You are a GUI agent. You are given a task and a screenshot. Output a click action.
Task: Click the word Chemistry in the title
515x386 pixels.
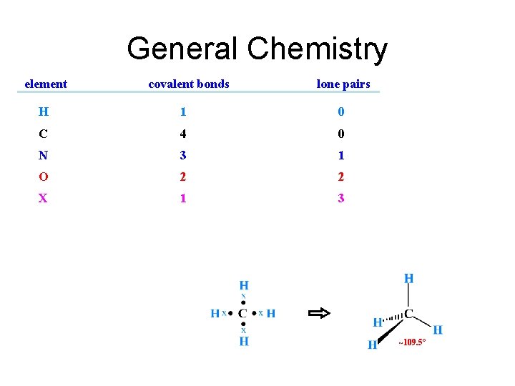(318, 49)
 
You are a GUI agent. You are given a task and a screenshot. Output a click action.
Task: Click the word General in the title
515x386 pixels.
(182, 49)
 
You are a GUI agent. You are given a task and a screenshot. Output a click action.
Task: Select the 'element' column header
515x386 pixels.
(46, 84)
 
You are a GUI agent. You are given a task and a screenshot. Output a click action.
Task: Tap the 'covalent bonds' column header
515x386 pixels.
(189, 84)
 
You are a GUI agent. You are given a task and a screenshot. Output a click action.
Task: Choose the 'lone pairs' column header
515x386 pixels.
(343, 84)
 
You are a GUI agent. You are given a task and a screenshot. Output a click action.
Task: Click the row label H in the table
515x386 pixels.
(44, 112)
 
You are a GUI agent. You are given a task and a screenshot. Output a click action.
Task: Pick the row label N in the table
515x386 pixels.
(44, 155)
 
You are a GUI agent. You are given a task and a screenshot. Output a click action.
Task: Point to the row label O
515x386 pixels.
(44, 177)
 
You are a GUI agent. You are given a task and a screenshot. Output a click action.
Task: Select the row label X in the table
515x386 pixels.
(44, 198)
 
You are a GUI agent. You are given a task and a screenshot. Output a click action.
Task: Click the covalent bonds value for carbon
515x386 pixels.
(183, 134)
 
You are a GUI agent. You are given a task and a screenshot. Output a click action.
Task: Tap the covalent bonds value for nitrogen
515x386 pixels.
(183, 155)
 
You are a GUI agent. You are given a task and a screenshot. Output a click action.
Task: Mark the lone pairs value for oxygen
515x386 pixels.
(341, 177)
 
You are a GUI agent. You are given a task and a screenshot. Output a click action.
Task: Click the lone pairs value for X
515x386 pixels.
(341, 198)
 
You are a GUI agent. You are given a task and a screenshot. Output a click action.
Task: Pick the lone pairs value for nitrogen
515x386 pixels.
(341, 155)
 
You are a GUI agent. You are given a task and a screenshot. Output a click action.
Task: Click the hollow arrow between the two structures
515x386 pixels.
(319, 313)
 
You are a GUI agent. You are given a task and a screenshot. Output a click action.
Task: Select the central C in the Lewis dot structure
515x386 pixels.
(243, 313)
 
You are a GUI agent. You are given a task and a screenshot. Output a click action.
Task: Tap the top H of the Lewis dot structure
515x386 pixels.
(243, 286)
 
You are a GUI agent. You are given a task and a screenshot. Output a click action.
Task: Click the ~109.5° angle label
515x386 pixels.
(412, 343)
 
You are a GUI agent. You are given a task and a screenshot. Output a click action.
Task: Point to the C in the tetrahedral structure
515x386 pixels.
(409, 313)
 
